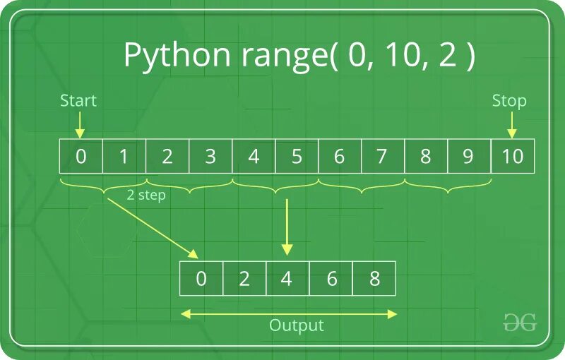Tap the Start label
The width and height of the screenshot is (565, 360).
pos(78,101)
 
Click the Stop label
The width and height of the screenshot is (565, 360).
pos(509,101)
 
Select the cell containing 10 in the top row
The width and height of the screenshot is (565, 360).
pos(512,156)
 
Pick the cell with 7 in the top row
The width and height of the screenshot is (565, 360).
pos(382,156)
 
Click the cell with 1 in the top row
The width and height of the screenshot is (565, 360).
pos(124,156)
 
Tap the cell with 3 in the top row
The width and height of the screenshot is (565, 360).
pos(210,156)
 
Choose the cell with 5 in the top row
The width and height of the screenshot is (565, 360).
pos(297,156)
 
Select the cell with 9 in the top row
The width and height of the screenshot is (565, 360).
pos(468,156)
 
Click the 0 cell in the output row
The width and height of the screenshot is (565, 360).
pos(201,279)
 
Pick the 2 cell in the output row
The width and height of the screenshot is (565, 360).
pos(244,279)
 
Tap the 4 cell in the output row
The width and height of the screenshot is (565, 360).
pos(287,279)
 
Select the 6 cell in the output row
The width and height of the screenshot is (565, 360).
pos(331,279)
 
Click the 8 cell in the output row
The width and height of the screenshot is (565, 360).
pos(374,279)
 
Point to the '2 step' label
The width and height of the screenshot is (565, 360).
pos(145,196)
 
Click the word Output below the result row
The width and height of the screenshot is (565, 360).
pos(297,325)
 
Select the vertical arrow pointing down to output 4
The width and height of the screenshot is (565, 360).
pos(287,226)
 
